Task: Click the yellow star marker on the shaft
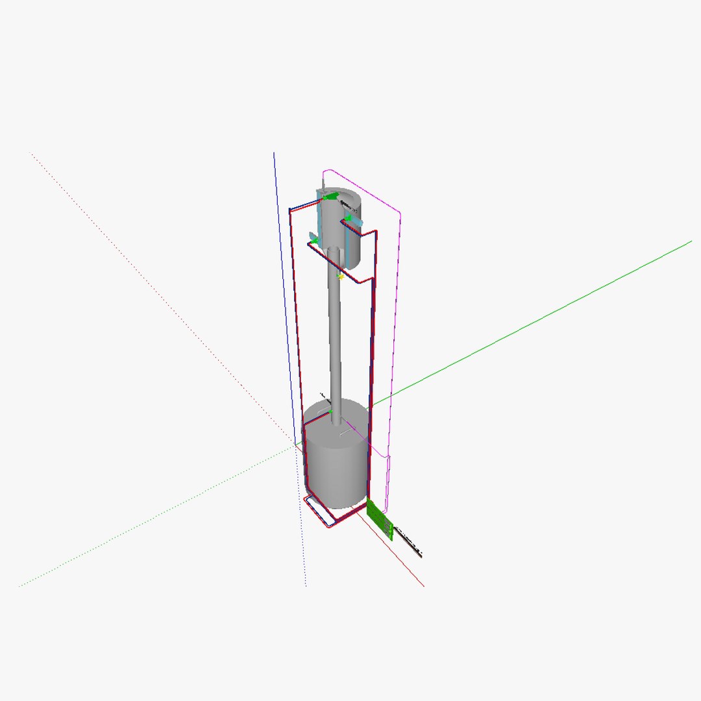click(340, 277)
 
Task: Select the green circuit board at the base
click(380, 519)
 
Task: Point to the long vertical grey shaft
click(335, 338)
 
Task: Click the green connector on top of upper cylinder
click(331, 195)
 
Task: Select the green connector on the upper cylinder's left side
click(314, 241)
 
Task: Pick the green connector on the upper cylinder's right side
click(348, 219)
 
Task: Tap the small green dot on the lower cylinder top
click(330, 411)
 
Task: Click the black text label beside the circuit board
click(409, 543)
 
